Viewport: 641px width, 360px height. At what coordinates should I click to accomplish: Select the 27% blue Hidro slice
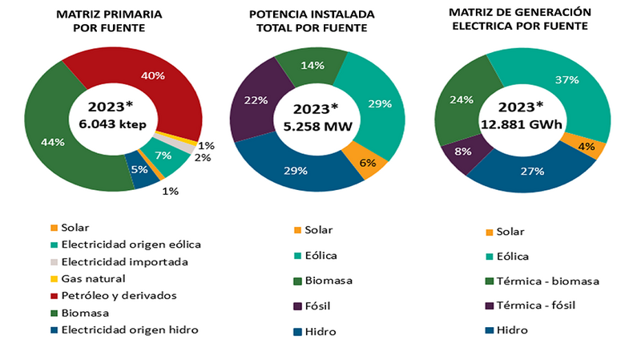[x=525, y=170]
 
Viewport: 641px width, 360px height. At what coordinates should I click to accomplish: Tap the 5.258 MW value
[x=315, y=124]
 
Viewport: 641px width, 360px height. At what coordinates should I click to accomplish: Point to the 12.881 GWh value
[x=521, y=123]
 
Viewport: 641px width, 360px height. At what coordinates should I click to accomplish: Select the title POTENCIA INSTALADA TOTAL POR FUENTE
[x=308, y=22]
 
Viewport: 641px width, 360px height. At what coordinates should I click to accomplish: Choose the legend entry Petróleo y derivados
[x=119, y=296]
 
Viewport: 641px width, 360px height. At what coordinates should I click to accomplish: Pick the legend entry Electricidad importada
[x=124, y=261]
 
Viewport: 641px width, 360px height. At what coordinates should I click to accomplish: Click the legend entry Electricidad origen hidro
[x=130, y=330]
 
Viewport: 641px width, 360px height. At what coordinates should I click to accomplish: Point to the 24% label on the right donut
[x=460, y=100]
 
